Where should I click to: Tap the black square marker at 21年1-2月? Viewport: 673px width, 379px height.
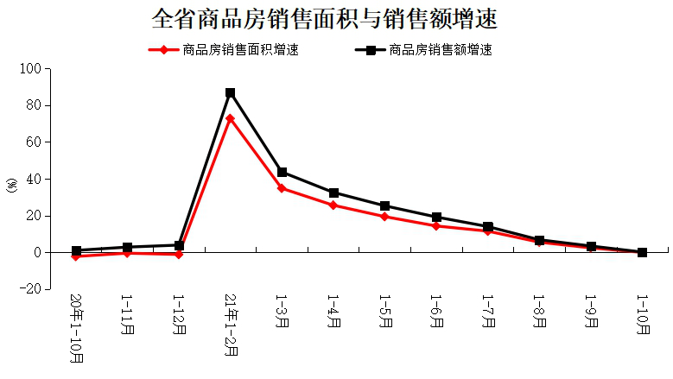coord(231,92)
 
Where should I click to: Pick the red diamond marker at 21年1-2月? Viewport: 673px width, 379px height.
coord(231,118)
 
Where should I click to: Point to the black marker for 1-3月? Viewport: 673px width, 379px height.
coord(282,172)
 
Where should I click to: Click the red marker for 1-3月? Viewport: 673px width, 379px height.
coord(282,187)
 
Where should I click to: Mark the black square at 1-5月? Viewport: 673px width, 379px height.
coord(384,206)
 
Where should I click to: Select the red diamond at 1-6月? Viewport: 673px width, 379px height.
coord(436,225)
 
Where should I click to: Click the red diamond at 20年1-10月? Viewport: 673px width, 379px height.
coord(76,256)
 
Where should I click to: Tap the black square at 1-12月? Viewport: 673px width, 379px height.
coord(179,245)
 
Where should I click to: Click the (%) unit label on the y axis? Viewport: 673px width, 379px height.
coord(11,185)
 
